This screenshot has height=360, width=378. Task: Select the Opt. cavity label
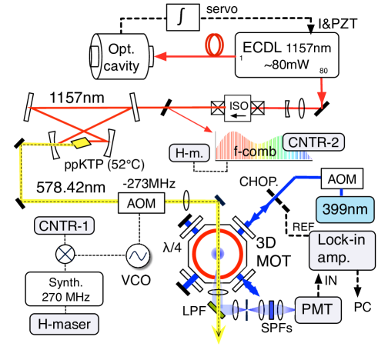(x=122, y=58)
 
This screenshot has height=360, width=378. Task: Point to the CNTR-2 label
(x=311, y=142)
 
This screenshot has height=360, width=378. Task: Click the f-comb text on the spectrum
(x=251, y=152)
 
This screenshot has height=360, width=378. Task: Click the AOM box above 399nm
(x=339, y=178)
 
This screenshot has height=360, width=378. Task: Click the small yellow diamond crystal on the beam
(x=80, y=142)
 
